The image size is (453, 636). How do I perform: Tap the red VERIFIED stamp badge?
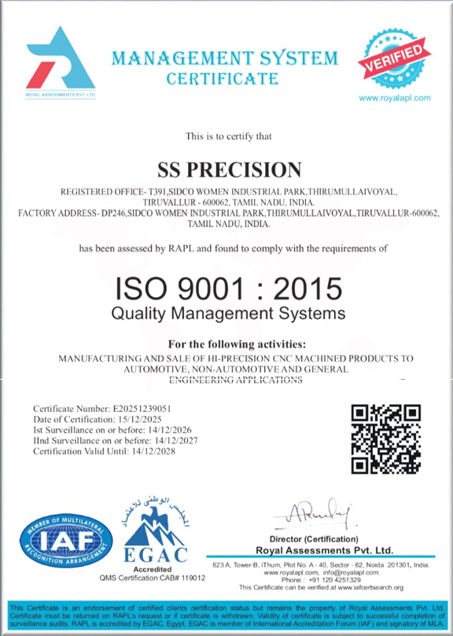pyautogui.click(x=394, y=60)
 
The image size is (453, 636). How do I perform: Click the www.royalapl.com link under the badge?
pyautogui.click(x=395, y=97)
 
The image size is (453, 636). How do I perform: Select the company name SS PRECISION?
pyautogui.click(x=230, y=169)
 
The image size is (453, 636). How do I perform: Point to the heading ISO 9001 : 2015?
pyautogui.click(x=229, y=288)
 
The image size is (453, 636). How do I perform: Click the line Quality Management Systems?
pyautogui.click(x=228, y=314)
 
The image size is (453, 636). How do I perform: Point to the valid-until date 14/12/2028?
pyautogui.click(x=148, y=451)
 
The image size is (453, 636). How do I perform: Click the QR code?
pyautogui.click(x=385, y=439)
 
